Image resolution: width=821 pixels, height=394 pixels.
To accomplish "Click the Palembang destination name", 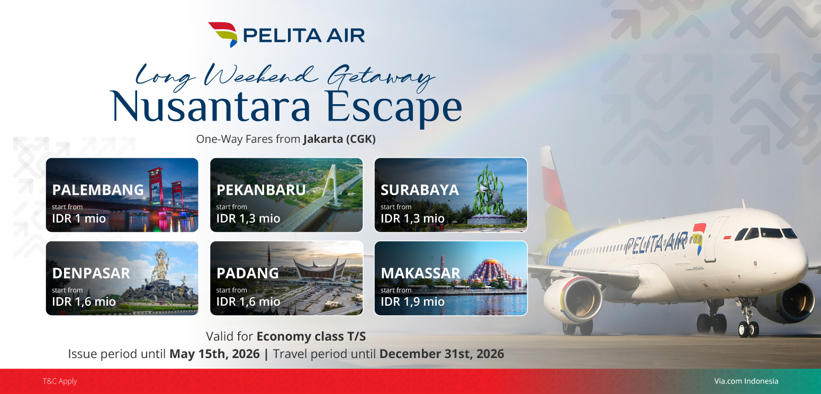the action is click(98, 190).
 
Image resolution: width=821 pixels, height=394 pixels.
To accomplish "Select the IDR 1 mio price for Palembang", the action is click(79, 218).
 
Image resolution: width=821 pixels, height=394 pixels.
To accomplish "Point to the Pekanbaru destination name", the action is click(261, 190).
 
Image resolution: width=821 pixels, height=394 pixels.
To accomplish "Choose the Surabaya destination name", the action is click(420, 190).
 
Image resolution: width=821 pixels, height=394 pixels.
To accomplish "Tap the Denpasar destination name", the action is click(91, 273).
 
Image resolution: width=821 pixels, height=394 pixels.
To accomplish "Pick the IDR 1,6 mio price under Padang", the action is click(248, 302).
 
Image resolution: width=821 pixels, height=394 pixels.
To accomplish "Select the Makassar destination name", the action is click(420, 273).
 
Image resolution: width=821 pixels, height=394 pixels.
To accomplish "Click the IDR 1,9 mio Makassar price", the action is click(412, 302).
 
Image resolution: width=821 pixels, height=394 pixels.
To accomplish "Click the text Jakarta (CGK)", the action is click(339, 139).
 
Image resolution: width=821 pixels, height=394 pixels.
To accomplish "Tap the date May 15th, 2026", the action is click(214, 354).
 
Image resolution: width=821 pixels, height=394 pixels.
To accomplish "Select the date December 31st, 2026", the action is click(441, 354).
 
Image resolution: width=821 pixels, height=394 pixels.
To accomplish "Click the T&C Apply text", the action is click(60, 381).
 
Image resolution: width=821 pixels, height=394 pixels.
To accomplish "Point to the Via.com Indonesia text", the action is click(746, 381).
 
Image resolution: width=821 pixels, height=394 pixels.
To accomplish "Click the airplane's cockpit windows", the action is click(766, 233).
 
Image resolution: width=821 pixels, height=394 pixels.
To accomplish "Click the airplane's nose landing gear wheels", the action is click(748, 328).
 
